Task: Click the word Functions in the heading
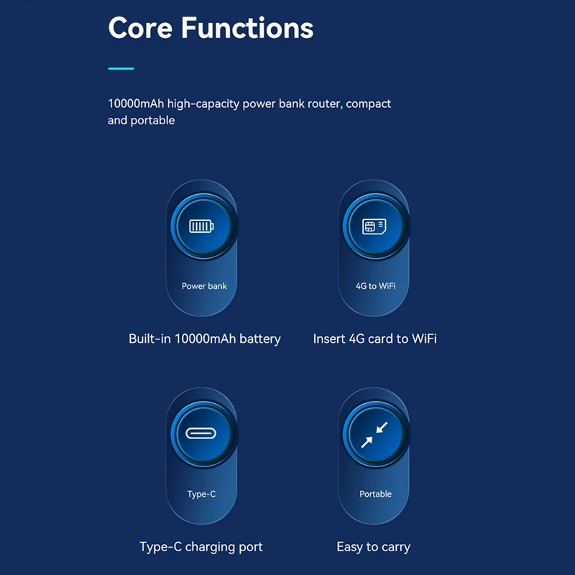click(247, 28)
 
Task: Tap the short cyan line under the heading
click(121, 68)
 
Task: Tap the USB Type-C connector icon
click(201, 434)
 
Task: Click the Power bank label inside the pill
click(204, 286)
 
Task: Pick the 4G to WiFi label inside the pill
click(375, 286)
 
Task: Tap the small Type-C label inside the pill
click(201, 494)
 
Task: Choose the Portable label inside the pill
click(375, 494)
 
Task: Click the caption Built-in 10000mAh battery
click(204, 339)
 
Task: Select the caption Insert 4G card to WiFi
click(374, 339)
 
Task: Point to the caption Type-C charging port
click(201, 547)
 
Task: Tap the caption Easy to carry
click(373, 547)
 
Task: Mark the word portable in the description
click(152, 121)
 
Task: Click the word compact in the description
click(369, 103)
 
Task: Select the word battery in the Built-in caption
click(259, 339)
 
